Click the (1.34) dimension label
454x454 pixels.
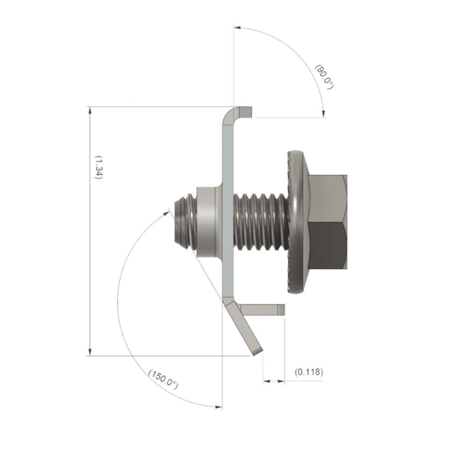click(98, 168)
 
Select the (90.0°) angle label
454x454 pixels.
click(324, 76)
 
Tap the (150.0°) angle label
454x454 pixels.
click(163, 379)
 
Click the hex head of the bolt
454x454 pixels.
click(327, 222)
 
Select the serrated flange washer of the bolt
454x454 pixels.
click(296, 222)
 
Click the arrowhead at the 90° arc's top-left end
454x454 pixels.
click(238, 27)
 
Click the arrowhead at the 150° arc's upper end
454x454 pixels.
click(167, 211)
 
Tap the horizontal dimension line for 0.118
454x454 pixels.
click(274, 380)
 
